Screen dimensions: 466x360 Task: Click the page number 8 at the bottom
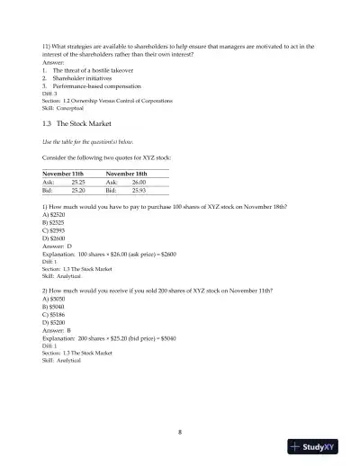pos(180,432)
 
